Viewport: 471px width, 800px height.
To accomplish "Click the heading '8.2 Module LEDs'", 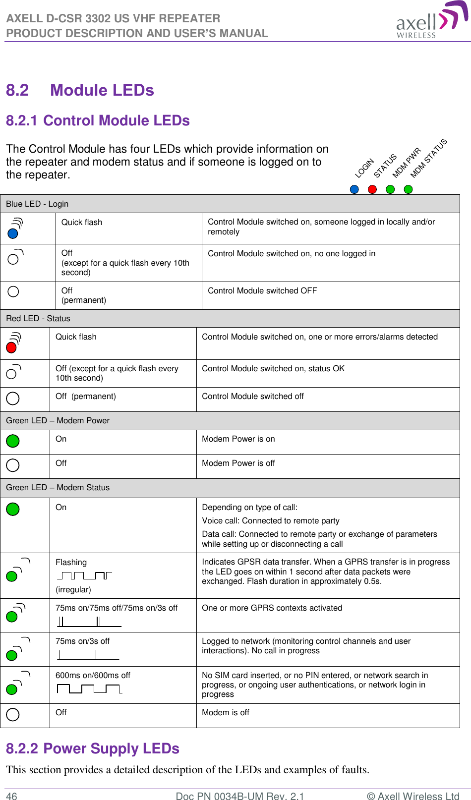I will (x=80, y=90).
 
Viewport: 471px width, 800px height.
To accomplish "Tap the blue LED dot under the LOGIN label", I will (x=354, y=189).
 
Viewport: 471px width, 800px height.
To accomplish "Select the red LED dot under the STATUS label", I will (x=372, y=189).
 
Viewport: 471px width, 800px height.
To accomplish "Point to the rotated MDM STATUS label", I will (x=429, y=158).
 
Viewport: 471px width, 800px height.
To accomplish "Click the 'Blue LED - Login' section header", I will (x=37, y=204).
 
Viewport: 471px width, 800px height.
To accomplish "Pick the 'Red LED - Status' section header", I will (x=38, y=318).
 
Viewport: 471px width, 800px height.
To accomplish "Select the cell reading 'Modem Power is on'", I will (x=238, y=439).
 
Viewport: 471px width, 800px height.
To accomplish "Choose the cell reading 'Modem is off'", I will (x=225, y=712).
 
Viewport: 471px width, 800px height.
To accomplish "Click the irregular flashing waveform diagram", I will (x=84, y=575).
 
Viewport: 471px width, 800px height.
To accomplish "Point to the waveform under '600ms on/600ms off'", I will (x=89, y=688).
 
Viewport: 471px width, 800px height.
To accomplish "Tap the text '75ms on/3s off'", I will (x=82, y=641).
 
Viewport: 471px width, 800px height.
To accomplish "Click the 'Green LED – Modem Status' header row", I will (x=58, y=488).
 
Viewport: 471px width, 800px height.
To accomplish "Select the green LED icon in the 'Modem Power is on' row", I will (x=13, y=441).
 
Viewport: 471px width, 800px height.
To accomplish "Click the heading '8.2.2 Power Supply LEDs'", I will (x=93, y=748).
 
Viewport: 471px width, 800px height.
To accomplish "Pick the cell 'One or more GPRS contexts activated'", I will (x=272, y=608).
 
